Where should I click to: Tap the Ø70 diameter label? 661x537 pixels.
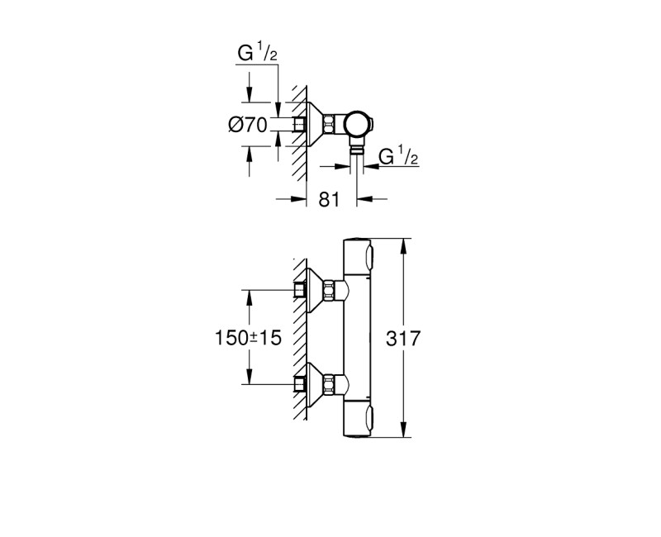pos(246,126)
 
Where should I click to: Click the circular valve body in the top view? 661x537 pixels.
pos(358,125)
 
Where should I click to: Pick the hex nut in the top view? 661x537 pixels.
pos(330,125)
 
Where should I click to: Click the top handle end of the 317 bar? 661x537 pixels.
pos(358,255)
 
